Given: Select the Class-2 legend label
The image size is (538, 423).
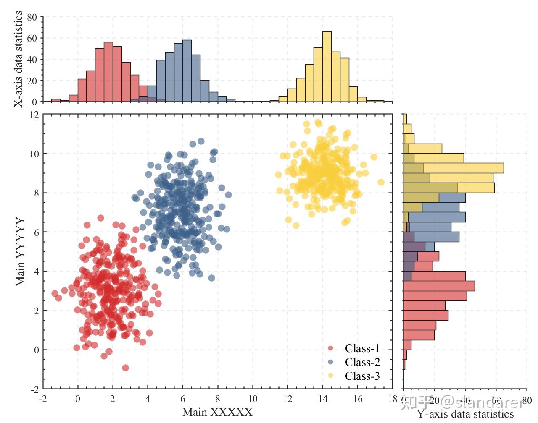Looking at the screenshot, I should pos(362,362).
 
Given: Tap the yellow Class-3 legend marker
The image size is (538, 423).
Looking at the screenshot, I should pos(330,376).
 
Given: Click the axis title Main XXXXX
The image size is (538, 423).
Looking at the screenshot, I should pos(217,412).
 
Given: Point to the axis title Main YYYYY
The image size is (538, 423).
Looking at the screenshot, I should pos(20,251).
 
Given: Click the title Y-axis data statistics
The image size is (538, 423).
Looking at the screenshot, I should pos(465,414).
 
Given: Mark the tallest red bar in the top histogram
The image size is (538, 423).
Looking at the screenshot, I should pos(108,72).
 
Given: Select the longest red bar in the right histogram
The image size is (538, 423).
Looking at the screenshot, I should pos(439,286).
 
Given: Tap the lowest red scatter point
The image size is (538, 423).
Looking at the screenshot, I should pos(125,368).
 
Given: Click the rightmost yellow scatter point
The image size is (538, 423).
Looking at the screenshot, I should pos(381,182).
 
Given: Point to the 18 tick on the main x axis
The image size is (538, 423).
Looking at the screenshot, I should pos(392,399).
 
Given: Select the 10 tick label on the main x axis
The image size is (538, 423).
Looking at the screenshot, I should pos(252,399).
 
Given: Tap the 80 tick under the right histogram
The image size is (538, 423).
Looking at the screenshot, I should pos(526,400).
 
